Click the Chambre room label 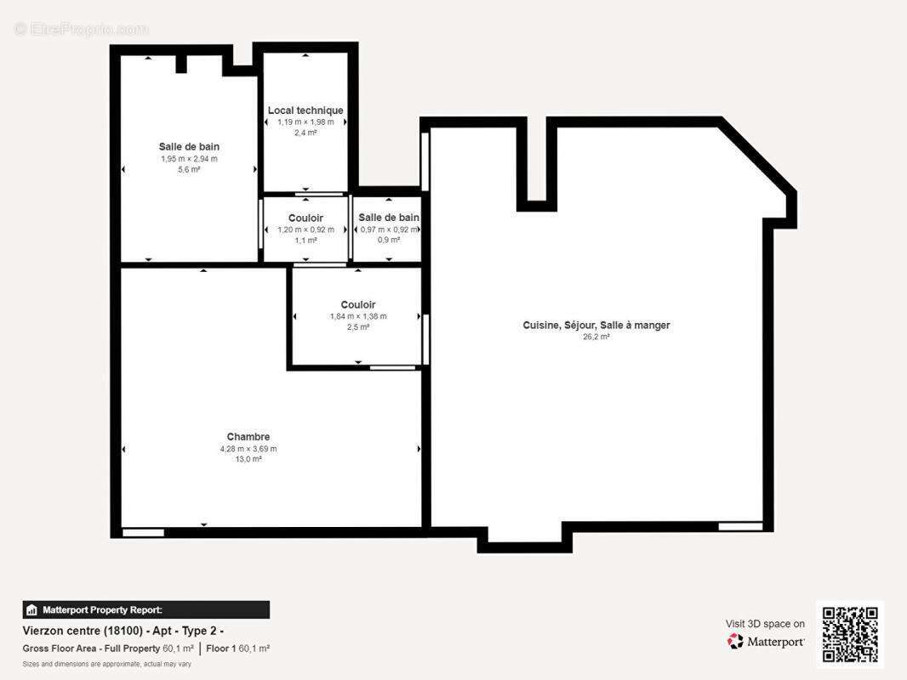coord(248,437)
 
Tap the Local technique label coord(305,110)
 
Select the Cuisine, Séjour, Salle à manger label coord(596,325)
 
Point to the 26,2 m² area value coord(596,337)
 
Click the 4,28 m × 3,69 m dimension coord(248,449)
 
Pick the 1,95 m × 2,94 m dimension coord(189,159)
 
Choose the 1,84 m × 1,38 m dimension coord(357,316)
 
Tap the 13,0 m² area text coord(248,459)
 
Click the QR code coord(849,634)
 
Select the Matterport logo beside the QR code coord(766,642)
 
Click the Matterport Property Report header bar coord(145,609)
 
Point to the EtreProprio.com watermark coord(81,29)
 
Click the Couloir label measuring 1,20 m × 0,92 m coord(305,218)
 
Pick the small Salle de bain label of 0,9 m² coord(388,218)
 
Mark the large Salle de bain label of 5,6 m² coord(189,147)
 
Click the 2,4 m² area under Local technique coord(305,133)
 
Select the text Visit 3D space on coord(765,624)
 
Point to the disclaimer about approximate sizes coord(106,664)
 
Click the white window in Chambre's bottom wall coord(143,533)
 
